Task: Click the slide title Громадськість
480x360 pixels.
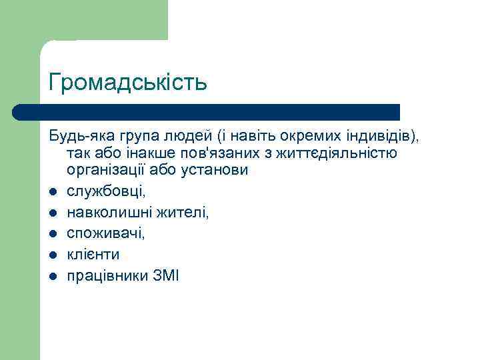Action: pyautogui.click(x=128, y=83)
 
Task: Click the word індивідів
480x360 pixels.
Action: pyautogui.click(x=383, y=137)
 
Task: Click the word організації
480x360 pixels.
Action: pyautogui.click(x=105, y=171)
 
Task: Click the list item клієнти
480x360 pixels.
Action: pyautogui.click(x=93, y=255)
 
